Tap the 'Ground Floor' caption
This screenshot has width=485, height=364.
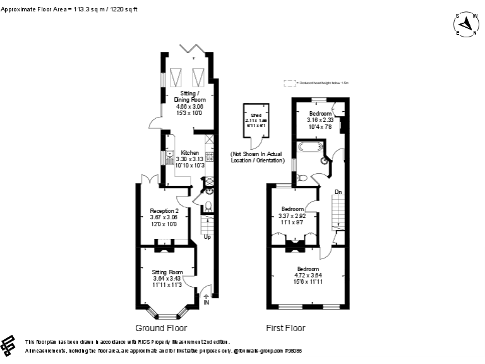161,328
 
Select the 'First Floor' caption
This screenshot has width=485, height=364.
285,328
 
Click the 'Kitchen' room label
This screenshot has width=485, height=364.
189,153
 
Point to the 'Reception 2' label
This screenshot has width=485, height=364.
164,210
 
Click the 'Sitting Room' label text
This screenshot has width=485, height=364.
167,272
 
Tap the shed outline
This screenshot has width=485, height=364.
256,124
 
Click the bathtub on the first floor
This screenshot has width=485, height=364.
309,149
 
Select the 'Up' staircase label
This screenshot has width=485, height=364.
207,238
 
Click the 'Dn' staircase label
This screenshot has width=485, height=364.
338,191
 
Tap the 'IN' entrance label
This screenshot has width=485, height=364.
207,303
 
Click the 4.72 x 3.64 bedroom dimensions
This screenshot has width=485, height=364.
308,275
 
